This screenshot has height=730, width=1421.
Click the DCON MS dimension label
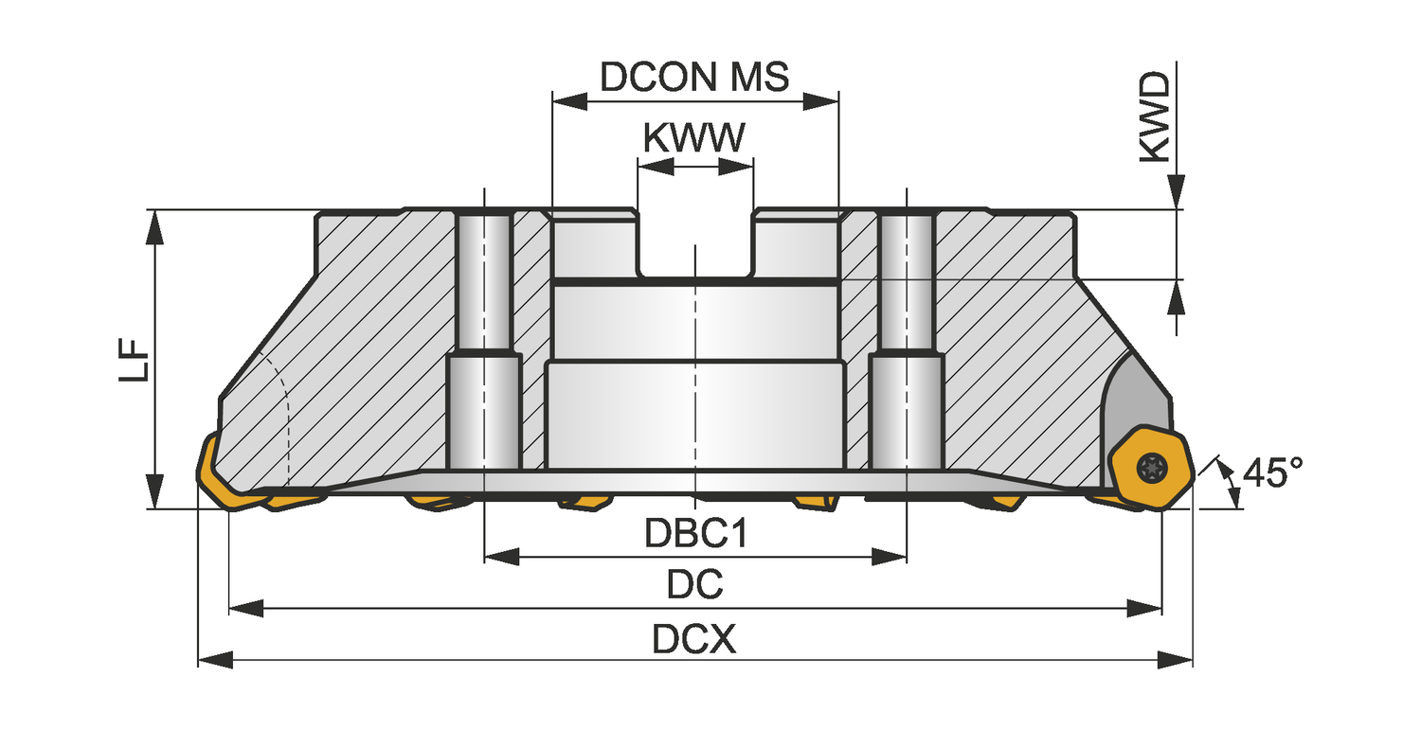(694, 77)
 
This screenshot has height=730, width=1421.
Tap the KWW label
(694, 138)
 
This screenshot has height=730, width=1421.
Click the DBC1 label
(695, 534)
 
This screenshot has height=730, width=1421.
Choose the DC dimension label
(694, 584)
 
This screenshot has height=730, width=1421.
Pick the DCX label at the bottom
(694, 640)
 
